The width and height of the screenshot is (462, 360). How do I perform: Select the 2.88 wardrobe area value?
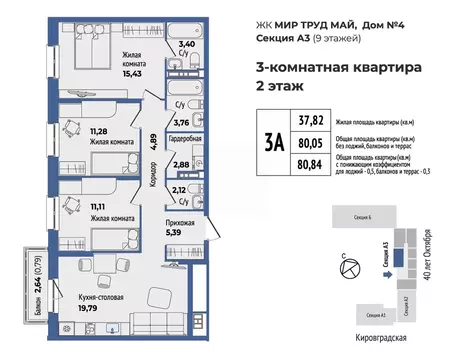pos(180,163)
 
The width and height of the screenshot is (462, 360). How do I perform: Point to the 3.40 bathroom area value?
pos(186,45)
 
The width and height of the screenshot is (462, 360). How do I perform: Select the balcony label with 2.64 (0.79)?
pos(37,272)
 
